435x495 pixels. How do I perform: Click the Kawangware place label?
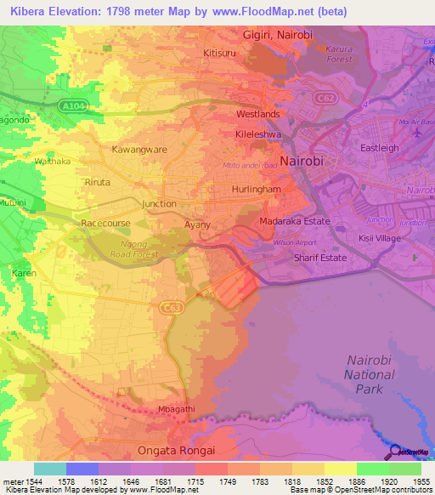click(x=139, y=149)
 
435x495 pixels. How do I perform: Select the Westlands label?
click(x=258, y=114)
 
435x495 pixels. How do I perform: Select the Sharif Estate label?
click(x=319, y=257)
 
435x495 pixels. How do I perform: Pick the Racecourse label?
click(x=105, y=223)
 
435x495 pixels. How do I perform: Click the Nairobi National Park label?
click(x=370, y=374)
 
